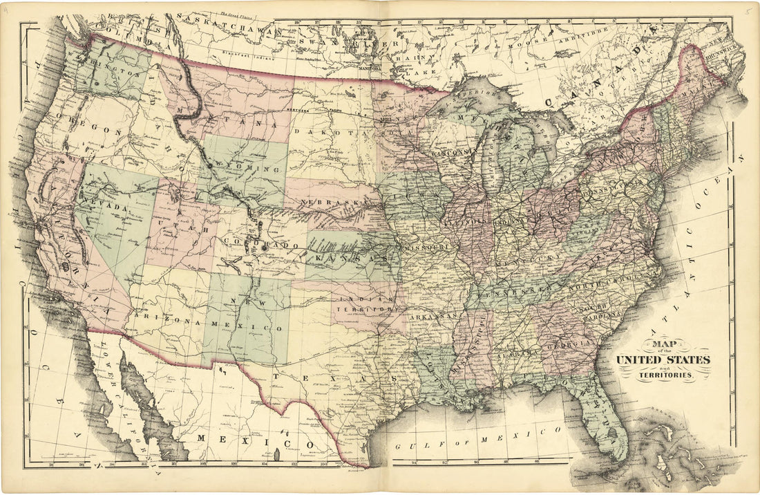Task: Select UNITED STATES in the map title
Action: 663,360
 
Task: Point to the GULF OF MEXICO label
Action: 477,440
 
